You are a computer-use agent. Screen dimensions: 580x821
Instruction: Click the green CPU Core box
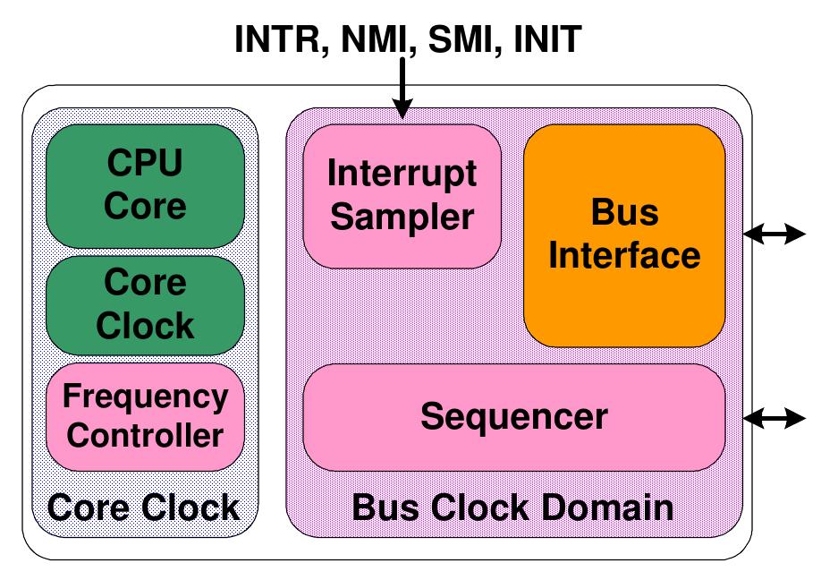point(145,185)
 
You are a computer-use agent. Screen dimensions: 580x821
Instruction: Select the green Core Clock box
point(145,304)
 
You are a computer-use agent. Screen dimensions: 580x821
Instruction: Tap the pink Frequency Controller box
point(145,416)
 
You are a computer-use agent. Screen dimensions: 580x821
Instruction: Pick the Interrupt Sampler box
point(402,195)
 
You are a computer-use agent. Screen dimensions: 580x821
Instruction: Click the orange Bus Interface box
point(624,235)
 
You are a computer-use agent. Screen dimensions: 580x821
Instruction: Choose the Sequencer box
point(514,417)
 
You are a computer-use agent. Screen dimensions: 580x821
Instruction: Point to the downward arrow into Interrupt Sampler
point(402,90)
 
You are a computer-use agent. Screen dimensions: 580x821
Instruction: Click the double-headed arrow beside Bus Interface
point(774,234)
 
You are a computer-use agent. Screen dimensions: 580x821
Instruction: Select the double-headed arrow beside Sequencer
point(774,417)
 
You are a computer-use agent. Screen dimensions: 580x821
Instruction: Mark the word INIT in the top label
point(548,39)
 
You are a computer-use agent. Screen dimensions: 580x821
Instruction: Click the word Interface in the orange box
point(624,255)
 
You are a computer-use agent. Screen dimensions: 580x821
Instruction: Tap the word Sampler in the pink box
point(402,217)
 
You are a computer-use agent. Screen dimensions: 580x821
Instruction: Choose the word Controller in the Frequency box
point(145,436)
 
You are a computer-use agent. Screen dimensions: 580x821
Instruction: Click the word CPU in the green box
point(145,164)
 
